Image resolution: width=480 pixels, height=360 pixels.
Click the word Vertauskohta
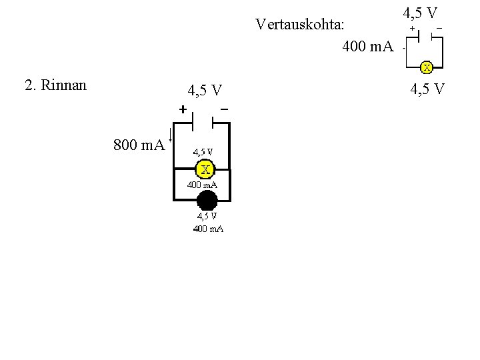(x=300, y=25)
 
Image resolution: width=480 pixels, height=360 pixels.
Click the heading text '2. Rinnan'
(x=55, y=85)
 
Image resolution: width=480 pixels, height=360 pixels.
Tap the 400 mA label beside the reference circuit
(x=368, y=47)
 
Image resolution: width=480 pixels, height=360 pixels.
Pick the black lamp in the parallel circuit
(x=207, y=199)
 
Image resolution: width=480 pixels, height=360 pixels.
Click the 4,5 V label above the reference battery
(x=420, y=13)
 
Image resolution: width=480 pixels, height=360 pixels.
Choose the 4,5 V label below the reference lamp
(x=427, y=88)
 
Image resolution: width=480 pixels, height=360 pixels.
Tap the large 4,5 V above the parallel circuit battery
(x=205, y=91)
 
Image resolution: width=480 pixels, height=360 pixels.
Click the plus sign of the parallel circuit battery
(x=183, y=109)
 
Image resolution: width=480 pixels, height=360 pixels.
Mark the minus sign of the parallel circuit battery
(x=224, y=108)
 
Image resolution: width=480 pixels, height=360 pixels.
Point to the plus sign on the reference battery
(x=412, y=28)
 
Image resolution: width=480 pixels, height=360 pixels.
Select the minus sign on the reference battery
(x=439, y=28)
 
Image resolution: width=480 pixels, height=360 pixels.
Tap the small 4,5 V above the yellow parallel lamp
(x=203, y=151)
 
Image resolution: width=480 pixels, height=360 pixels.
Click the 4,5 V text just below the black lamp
(x=206, y=216)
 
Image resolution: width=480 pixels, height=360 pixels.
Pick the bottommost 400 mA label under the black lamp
(x=208, y=229)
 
